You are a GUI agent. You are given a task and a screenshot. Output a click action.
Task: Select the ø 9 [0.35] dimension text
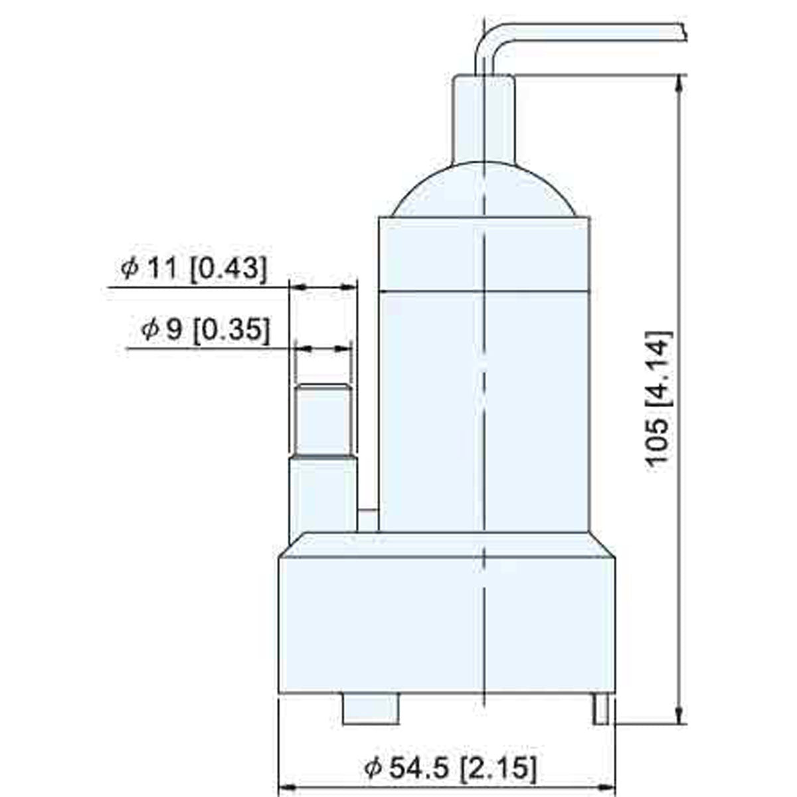point(205,329)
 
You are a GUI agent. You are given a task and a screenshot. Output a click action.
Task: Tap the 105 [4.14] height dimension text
point(660,397)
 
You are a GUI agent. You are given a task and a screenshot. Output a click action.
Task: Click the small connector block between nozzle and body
point(367,520)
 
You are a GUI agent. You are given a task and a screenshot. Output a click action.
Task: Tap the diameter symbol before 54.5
point(373,768)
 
